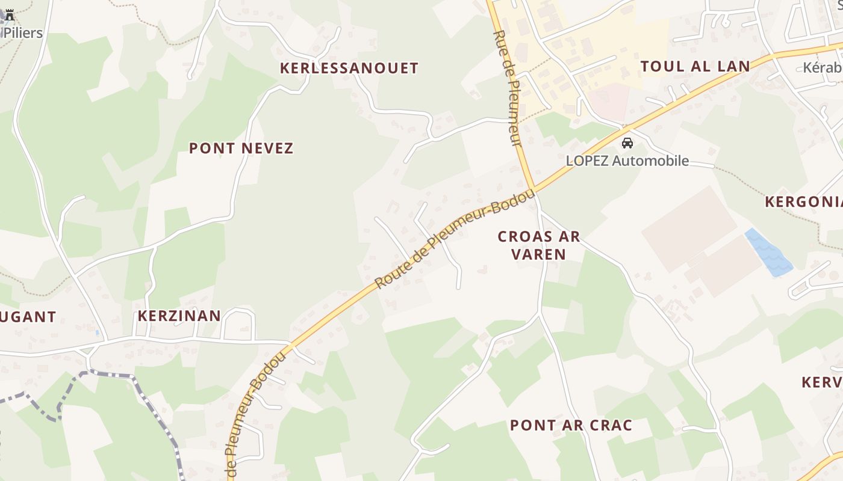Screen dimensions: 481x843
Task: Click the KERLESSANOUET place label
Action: (x=349, y=68)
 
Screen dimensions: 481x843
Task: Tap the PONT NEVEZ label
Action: (x=241, y=148)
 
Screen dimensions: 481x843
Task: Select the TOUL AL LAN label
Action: (x=695, y=66)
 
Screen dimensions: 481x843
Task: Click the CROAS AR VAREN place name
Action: (x=539, y=245)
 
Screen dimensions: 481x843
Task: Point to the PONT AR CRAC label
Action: (x=571, y=425)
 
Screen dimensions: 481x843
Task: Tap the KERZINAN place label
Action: (x=179, y=316)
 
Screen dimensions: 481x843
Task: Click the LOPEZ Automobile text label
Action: (x=627, y=161)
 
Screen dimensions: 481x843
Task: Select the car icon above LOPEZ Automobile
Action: (x=627, y=143)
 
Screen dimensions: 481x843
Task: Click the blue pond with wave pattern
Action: (x=768, y=253)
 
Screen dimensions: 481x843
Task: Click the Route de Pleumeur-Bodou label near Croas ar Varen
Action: (x=455, y=239)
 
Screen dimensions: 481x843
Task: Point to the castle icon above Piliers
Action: (x=10, y=15)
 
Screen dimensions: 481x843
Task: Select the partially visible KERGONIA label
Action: (x=804, y=201)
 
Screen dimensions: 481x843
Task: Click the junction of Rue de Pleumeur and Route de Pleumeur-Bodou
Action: (x=532, y=188)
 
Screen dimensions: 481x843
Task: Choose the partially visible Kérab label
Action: (x=823, y=67)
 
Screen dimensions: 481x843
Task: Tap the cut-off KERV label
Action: (x=822, y=382)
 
